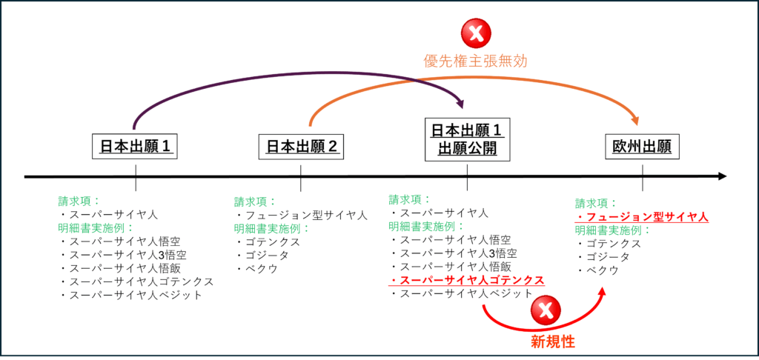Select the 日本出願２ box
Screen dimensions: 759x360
301,146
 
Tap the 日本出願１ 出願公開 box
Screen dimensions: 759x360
467,139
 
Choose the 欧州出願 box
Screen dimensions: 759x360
643,146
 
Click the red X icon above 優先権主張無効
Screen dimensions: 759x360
477,33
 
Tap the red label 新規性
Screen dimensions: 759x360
553,342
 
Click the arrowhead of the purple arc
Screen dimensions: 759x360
460,104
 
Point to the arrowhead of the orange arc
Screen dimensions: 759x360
635,121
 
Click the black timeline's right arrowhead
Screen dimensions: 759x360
722,176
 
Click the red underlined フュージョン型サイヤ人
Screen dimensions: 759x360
642,217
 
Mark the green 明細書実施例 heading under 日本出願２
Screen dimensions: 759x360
271,228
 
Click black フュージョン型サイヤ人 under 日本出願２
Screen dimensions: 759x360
301,215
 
